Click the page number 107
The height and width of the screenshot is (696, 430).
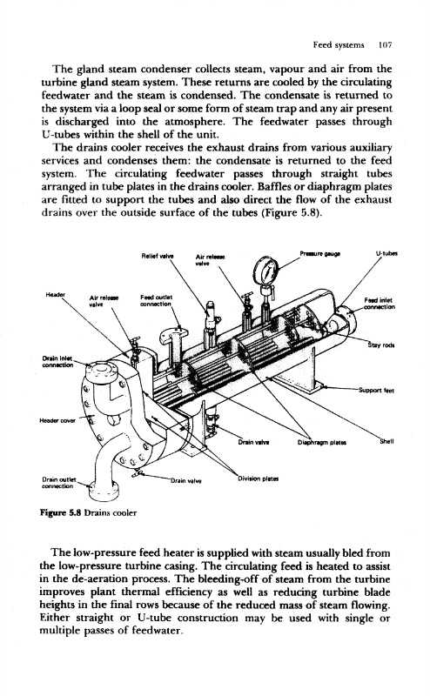(x=385, y=45)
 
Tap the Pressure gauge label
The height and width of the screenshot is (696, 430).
(x=319, y=254)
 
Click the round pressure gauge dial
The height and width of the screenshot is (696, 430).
(x=266, y=271)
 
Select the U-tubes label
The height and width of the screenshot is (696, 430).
(x=386, y=254)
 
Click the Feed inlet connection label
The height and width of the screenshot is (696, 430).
(x=379, y=304)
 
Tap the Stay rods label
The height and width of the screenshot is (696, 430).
(x=381, y=345)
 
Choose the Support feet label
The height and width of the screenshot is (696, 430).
(x=376, y=391)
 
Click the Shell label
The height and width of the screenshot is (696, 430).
(x=386, y=441)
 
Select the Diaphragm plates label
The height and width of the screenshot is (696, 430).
(x=322, y=442)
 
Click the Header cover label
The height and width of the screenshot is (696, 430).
(x=58, y=420)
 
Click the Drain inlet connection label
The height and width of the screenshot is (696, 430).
(x=57, y=362)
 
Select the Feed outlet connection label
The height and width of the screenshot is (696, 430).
(x=156, y=300)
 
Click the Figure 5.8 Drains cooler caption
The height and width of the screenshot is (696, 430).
(x=89, y=512)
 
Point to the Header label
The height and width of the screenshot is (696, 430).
(x=56, y=294)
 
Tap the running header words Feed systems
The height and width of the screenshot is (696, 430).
(x=339, y=45)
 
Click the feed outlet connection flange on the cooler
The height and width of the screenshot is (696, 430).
(x=175, y=334)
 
